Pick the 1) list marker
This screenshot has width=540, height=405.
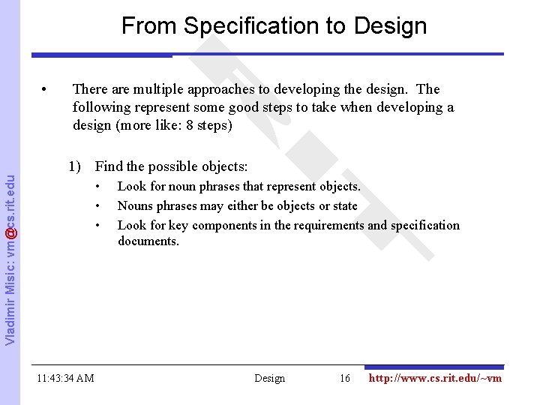coord(76,166)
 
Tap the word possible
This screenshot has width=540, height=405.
coord(173,166)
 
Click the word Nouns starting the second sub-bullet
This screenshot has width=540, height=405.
coord(135,205)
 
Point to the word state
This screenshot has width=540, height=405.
coord(343,205)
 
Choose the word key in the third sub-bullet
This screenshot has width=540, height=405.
coord(175,225)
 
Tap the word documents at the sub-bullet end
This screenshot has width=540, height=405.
coord(148,241)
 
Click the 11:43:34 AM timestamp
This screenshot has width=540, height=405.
coord(65,378)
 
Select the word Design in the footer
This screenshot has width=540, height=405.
coord(270,378)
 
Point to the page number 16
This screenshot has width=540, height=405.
coord(345,378)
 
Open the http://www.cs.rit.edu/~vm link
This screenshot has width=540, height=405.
coord(435,378)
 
